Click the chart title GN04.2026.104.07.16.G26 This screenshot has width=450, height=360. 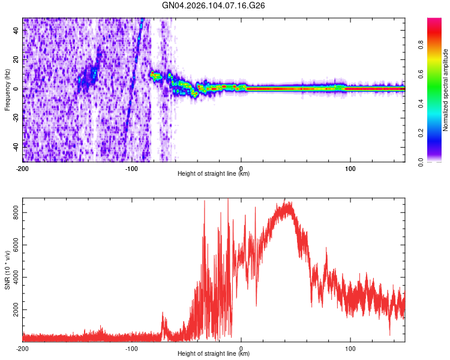point(214,5)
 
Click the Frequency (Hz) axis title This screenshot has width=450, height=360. point(7,90)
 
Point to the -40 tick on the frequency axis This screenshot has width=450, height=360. point(15,146)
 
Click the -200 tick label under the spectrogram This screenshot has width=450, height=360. point(23,168)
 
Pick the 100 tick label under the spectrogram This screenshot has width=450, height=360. point(350,168)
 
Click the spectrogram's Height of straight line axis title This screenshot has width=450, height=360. point(214,174)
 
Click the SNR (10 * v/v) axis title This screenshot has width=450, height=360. point(7,268)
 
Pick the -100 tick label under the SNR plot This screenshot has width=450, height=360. point(131,348)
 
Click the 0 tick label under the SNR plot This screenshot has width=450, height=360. point(241,348)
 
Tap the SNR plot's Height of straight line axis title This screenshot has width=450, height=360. point(214,354)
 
